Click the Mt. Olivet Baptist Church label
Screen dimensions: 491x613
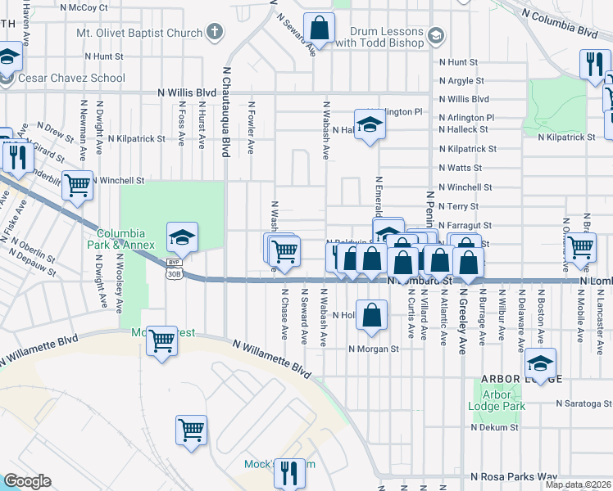click(138, 33)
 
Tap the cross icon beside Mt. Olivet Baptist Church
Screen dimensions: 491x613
click(215, 33)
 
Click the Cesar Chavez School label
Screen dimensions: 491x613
click(73, 79)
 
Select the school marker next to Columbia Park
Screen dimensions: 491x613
click(182, 237)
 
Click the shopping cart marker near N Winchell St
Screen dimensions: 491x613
click(77, 185)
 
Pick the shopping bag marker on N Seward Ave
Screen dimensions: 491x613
click(319, 28)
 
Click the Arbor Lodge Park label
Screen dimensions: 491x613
click(496, 399)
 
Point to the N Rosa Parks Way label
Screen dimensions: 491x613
click(514, 476)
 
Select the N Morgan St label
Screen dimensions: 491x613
click(373, 348)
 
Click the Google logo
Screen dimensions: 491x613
click(27, 480)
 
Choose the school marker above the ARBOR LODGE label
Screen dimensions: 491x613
click(540, 363)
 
